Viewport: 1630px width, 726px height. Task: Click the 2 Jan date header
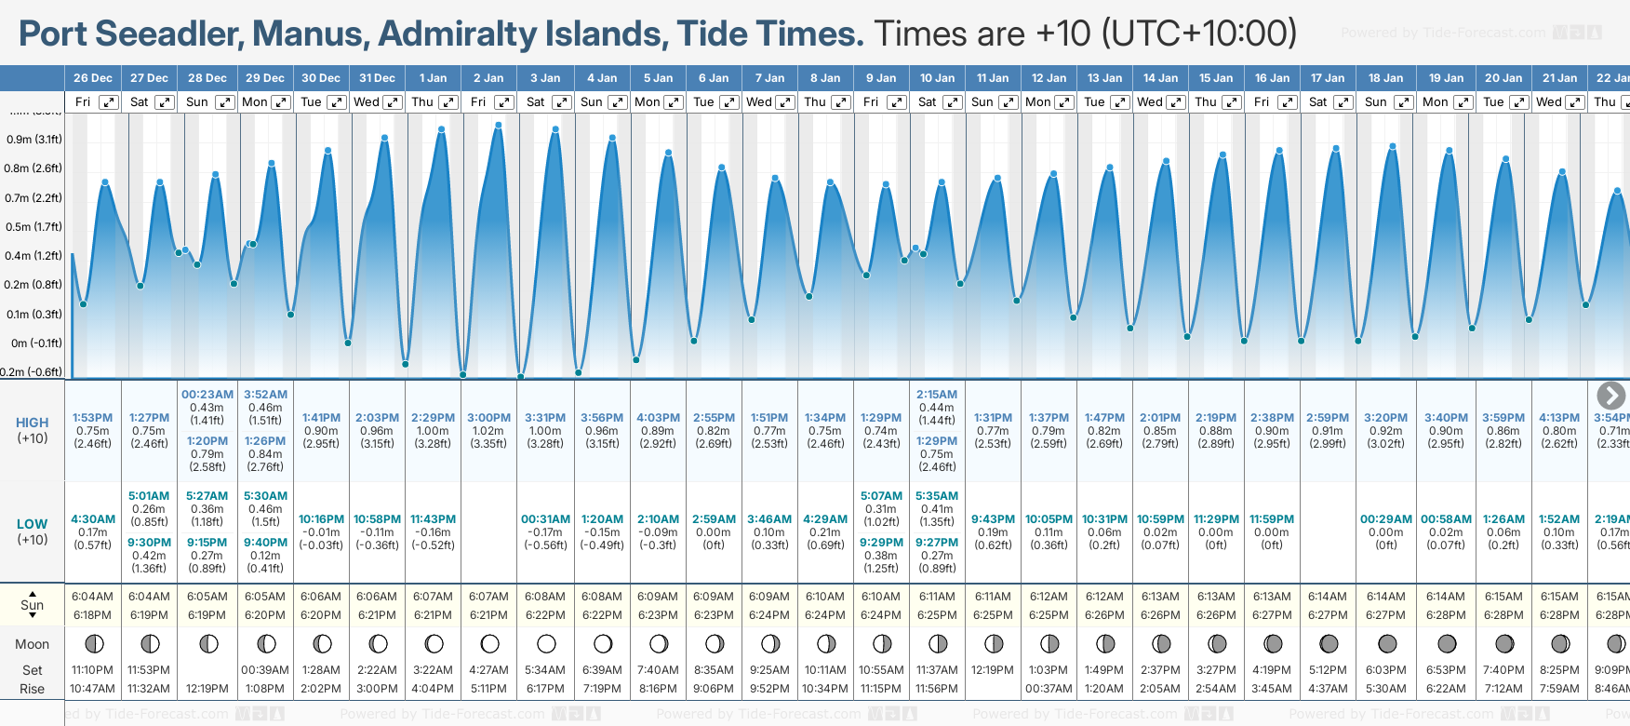click(488, 78)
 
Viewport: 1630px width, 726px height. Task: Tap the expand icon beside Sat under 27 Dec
click(164, 102)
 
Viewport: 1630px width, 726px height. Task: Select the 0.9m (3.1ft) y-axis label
click(34, 140)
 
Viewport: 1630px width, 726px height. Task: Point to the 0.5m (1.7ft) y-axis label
click(34, 227)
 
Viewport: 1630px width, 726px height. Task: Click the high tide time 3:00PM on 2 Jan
click(488, 418)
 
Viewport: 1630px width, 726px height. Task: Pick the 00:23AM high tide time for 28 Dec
click(207, 395)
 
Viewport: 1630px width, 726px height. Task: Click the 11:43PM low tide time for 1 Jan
click(433, 519)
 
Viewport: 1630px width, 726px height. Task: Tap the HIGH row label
click(33, 423)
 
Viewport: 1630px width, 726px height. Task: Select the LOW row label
click(33, 524)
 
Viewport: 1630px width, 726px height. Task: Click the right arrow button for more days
click(1610, 396)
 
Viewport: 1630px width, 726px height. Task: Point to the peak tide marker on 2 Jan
click(499, 125)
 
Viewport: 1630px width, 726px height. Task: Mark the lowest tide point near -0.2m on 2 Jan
click(463, 375)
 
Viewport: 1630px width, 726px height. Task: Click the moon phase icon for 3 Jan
click(546, 643)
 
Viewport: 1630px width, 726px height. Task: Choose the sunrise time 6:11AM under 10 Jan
click(937, 597)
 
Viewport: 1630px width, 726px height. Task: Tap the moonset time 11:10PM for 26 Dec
click(93, 670)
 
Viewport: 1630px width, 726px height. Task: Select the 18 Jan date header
click(1385, 78)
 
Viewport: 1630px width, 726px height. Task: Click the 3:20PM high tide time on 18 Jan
click(1385, 418)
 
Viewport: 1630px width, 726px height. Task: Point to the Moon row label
click(33, 644)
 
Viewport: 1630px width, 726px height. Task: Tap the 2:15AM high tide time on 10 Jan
click(937, 395)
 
